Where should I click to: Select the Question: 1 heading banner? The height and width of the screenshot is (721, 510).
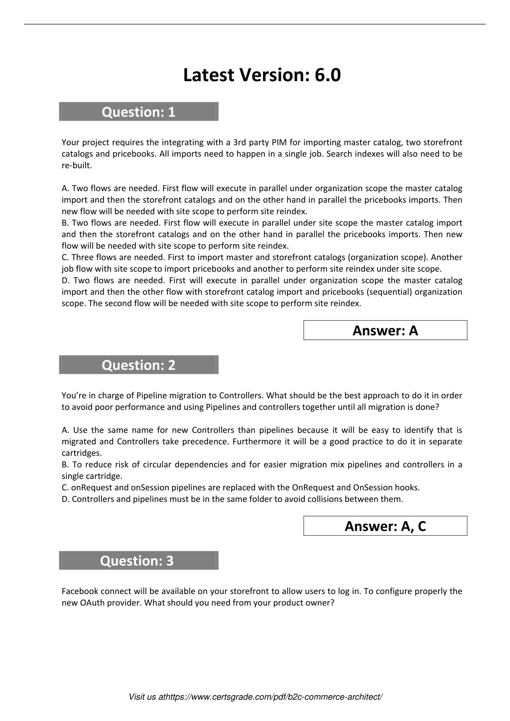138,112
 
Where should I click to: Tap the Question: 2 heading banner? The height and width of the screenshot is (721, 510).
138,365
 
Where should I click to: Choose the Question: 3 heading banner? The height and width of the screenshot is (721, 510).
138,561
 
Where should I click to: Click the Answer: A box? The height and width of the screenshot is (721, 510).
385,330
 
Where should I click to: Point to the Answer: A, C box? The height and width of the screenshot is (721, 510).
385,526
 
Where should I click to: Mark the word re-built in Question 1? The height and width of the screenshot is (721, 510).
76,165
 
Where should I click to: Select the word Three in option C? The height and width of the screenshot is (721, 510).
83,257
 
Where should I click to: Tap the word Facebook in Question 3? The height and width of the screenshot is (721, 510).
80,591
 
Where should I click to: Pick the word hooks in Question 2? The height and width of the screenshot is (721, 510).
407,487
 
